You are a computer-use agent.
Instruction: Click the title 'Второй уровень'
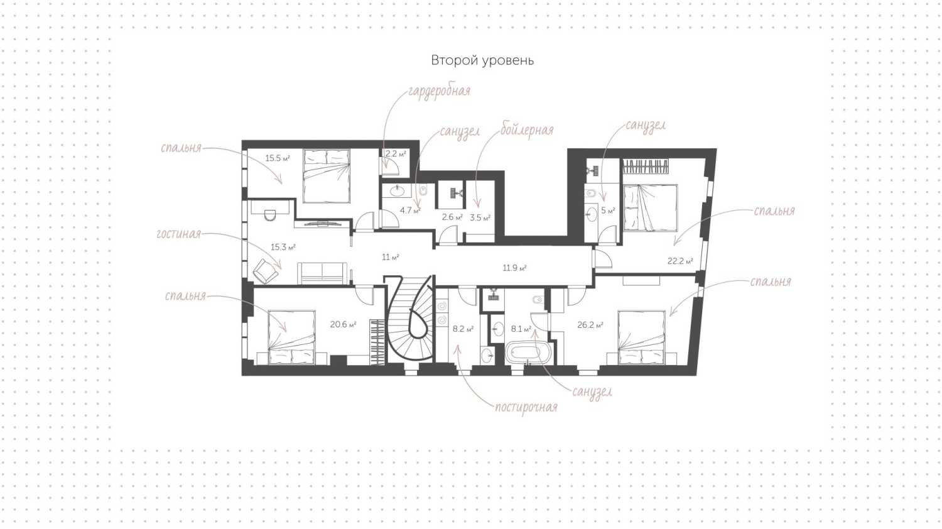coord(482,60)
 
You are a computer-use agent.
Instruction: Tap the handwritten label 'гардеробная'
coord(439,91)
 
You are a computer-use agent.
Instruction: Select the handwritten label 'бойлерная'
coord(526,130)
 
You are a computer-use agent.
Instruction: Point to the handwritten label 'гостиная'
coord(179,234)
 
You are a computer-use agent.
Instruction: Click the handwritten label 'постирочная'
coord(526,407)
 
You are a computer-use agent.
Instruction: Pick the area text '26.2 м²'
coord(590,325)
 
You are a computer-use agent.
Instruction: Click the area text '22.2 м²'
coord(680,261)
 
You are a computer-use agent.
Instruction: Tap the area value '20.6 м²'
coord(343,324)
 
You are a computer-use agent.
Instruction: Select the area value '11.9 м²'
coord(515,268)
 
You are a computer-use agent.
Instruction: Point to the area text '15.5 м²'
coord(278,159)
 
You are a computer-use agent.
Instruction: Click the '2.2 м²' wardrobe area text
coord(396,154)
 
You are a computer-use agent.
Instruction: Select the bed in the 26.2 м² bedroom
coord(642,337)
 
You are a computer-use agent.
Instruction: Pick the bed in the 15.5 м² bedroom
coord(327,176)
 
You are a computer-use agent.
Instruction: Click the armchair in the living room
coord(266,271)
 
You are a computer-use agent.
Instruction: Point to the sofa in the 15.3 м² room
coord(323,273)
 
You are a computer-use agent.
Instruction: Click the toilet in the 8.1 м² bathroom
coord(538,300)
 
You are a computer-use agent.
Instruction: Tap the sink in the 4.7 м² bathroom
coord(397,191)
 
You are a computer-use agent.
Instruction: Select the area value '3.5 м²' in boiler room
coord(480,218)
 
